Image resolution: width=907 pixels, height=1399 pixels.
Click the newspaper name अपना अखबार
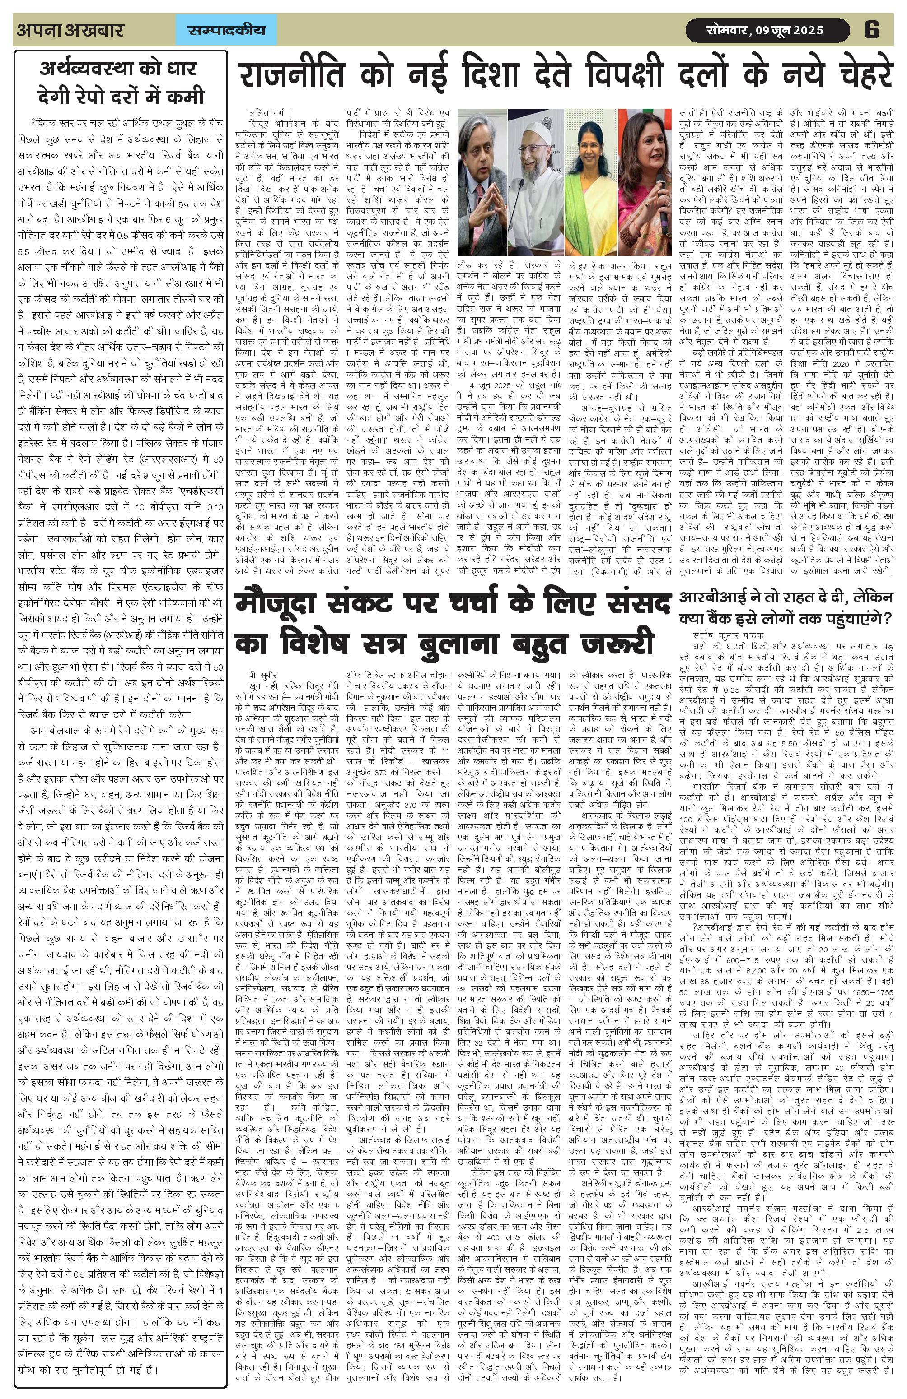[70, 30]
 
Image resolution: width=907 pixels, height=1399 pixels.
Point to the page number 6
[872, 30]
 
